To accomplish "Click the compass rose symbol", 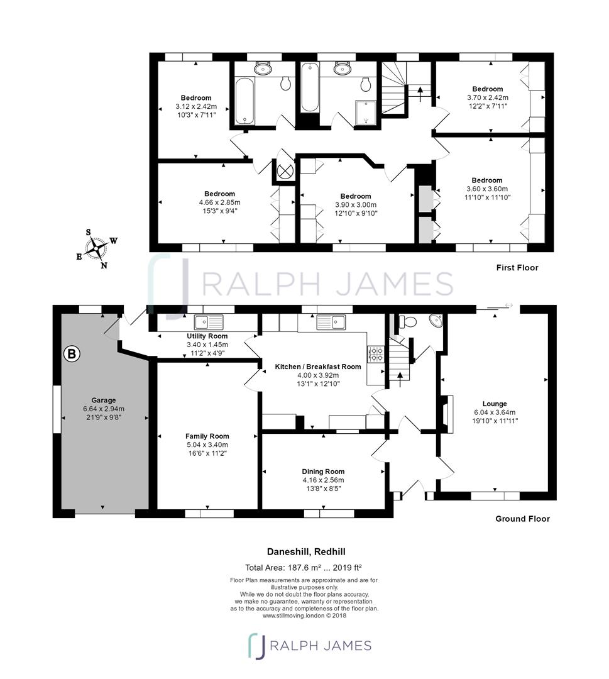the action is pos(96,249).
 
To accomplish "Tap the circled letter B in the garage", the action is pos(72,354).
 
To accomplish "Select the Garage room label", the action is pos(104,400).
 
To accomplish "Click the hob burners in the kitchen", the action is pos(375,354).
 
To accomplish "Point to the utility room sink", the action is pos(209,322).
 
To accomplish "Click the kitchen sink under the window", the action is pos(331,322).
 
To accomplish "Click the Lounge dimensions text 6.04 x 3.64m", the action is pos(495,412).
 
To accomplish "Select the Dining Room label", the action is pos(323,472).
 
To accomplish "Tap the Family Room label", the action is pos(207,436).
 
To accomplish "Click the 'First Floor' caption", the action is pos(517,268).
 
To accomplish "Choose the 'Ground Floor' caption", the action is pos(522,519).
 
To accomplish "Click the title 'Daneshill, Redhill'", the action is pos(306,552).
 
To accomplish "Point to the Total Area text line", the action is pos(304,568).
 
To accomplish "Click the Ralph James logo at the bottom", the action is pos(310,646).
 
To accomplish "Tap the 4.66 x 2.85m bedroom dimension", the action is pos(220,202).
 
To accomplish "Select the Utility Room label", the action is pos(207,336).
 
